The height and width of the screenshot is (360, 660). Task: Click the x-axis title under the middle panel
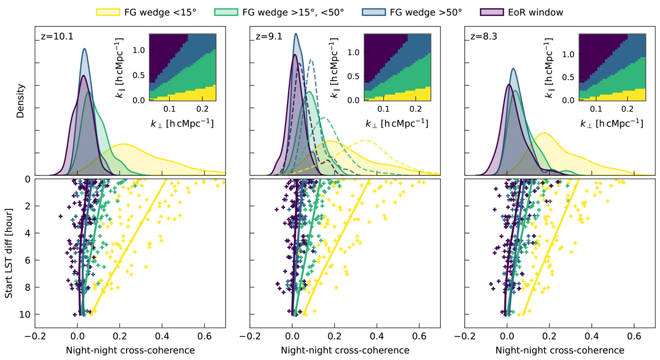pos(345,350)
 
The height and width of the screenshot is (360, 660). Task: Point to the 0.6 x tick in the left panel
pos(204,337)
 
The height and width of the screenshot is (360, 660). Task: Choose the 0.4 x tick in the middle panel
pos(377,337)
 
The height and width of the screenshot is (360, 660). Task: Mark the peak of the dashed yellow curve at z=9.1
pos(366,141)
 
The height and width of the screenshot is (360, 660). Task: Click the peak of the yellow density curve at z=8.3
pos(543,133)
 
